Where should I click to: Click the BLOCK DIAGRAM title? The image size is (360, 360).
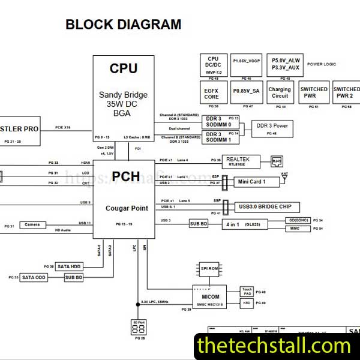point(123,25)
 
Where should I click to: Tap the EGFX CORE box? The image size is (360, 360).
point(212,93)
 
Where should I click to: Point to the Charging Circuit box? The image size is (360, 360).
point(280,93)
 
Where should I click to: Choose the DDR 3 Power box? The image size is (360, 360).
point(272,126)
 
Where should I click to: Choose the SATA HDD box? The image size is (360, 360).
point(70,266)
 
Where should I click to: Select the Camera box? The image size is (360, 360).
point(32,224)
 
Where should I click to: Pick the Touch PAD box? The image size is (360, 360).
point(246,292)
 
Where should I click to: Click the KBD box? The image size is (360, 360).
point(246,303)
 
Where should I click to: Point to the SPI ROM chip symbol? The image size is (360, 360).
point(209,268)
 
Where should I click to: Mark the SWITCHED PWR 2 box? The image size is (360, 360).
point(346,93)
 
